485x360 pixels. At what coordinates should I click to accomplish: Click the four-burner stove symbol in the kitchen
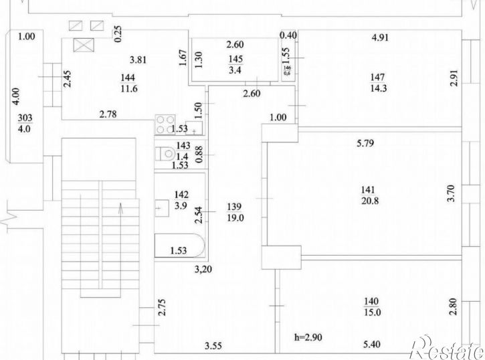coord(165,124)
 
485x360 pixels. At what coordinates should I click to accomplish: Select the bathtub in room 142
coord(179,246)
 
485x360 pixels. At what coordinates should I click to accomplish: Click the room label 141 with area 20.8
coord(370,195)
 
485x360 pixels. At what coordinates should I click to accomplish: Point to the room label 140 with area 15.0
coord(372,306)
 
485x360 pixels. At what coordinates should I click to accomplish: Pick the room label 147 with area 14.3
coord(378,82)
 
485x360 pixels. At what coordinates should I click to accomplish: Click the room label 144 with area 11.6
coord(128,83)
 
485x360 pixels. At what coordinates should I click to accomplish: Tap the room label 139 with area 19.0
coord(235,212)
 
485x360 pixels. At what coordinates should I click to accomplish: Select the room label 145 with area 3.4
coord(235,64)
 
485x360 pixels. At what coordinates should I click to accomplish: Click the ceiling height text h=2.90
coord(308,337)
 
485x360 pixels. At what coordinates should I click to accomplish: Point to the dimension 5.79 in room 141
coord(365,143)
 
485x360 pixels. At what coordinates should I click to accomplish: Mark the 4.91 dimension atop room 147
coord(380,37)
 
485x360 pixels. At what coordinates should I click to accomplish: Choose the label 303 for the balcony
coord(25,118)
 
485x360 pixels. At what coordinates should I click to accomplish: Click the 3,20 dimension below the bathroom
coord(203,270)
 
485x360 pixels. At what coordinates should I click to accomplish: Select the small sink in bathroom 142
coord(161,208)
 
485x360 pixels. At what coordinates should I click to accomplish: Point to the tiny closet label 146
coord(288,70)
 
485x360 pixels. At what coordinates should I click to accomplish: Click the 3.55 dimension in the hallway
coord(213,345)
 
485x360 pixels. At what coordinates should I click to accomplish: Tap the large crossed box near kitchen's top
coord(84,45)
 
